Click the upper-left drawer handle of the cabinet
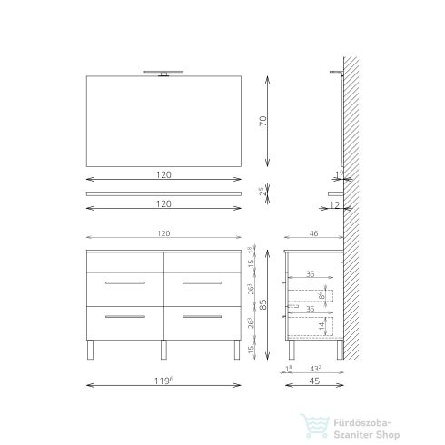pyautogui.click(x=125, y=285)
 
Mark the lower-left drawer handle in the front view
pyautogui.click(x=125, y=316)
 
